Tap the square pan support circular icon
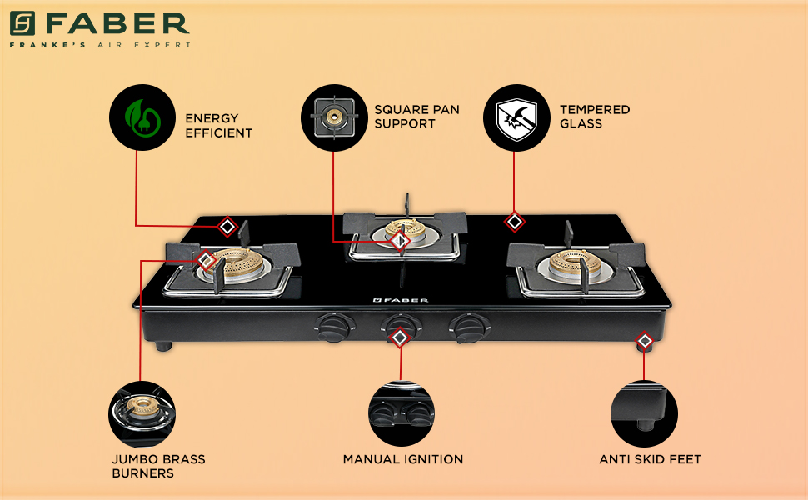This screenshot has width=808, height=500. click(x=334, y=117)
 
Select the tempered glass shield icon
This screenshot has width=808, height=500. click(x=516, y=117)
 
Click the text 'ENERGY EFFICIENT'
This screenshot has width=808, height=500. click(x=218, y=125)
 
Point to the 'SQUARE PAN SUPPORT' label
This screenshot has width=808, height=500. click(x=416, y=117)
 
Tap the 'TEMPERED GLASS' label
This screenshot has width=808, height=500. click(x=595, y=117)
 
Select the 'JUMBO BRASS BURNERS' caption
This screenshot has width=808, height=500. click(x=158, y=466)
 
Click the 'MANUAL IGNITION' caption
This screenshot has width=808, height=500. click(x=403, y=459)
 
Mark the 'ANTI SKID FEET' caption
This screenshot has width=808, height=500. click(x=650, y=459)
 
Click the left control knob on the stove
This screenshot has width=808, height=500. click(x=335, y=327)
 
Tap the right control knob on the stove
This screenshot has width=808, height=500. click(x=465, y=325)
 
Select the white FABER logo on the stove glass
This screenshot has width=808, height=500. click(x=400, y=299)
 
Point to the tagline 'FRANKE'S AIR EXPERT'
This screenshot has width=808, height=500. click(x=100, y=44)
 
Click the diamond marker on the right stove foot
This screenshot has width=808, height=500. click(x=644, y=341)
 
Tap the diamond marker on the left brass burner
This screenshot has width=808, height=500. click(x=207, y=261)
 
